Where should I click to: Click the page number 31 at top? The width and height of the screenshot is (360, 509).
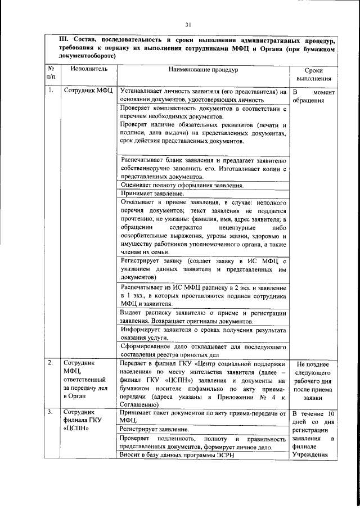[188, 24]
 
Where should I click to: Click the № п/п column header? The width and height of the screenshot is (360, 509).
[51, 75]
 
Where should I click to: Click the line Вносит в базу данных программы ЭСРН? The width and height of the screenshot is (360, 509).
[176, 454]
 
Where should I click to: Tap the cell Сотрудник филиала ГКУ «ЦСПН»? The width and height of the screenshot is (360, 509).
[85, 422]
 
